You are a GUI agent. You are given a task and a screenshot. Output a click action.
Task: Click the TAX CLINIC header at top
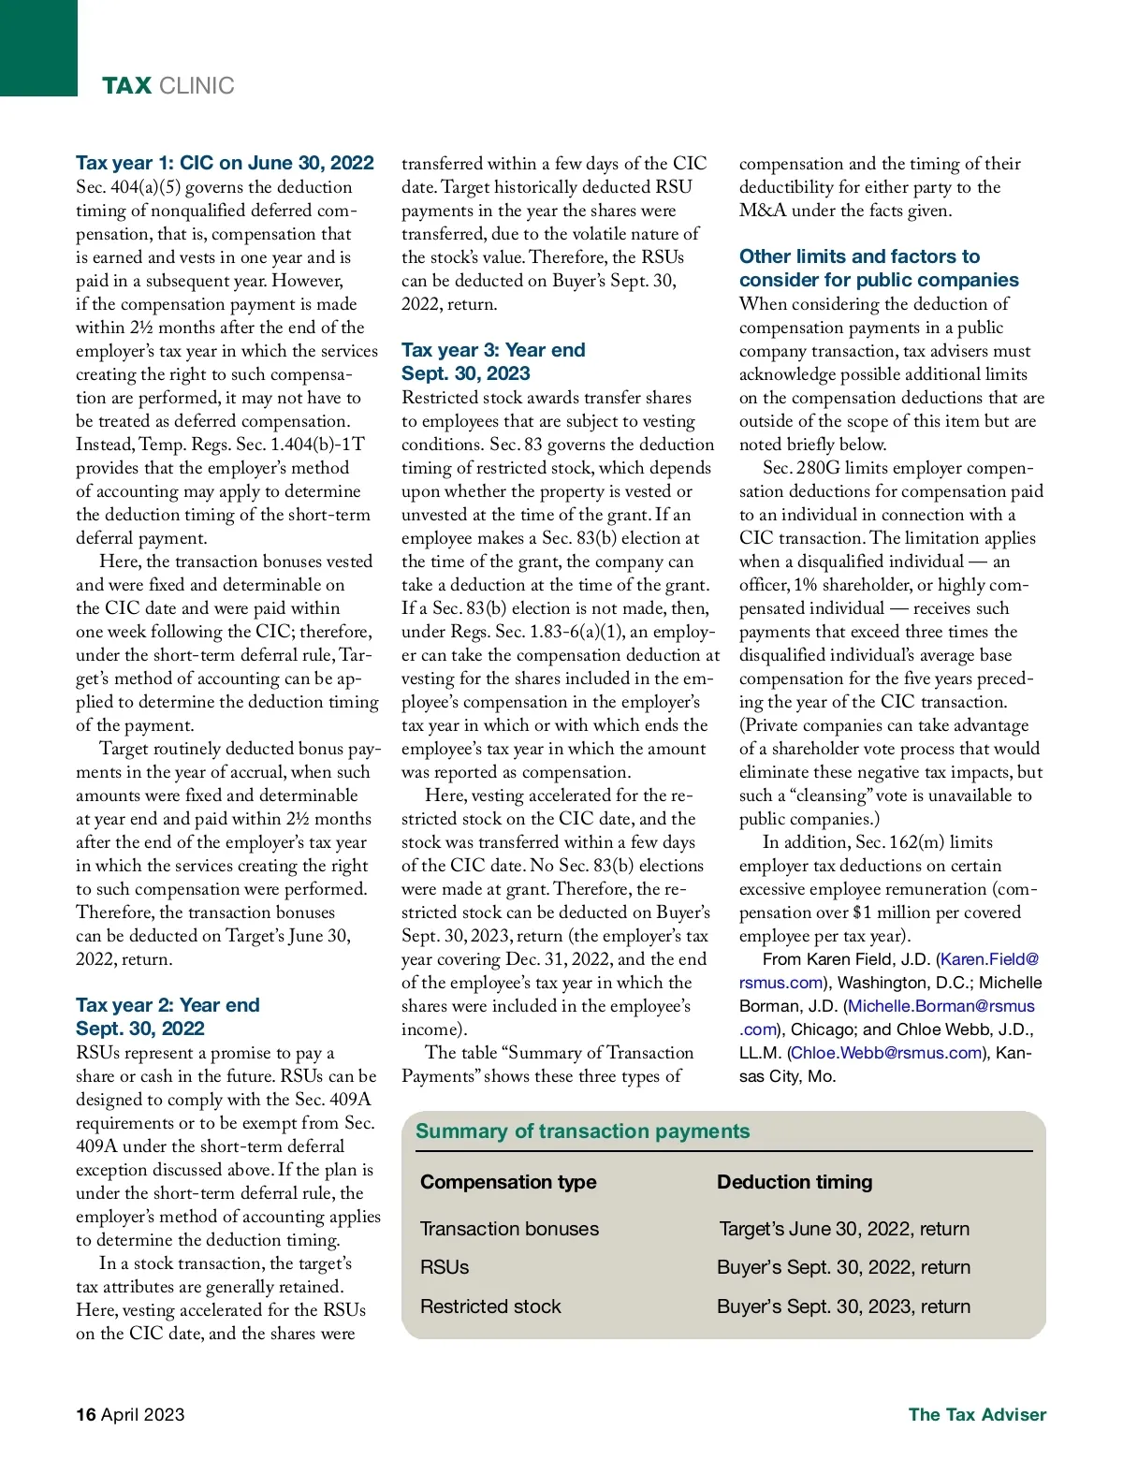(x=168, y=86)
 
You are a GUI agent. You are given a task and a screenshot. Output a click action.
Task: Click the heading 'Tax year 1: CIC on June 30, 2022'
(x=225, y=163)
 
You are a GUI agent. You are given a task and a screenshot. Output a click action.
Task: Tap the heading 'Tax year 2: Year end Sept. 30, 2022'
(x=168, y=1016)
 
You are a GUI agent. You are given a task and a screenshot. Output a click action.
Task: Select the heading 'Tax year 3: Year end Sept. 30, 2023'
(x=493, y=361)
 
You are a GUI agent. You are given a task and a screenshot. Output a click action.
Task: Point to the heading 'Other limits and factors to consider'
(x=878, y=268)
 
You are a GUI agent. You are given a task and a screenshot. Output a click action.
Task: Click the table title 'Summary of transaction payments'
(x=582, y=1131)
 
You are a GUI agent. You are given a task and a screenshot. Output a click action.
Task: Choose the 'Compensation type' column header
(x=508, y=1181)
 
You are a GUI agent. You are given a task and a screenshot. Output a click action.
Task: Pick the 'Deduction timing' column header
(x=795, y=1181)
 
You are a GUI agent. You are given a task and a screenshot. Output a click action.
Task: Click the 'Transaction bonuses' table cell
(x=509, y=1228)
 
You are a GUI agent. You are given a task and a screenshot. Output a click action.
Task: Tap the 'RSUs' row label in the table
(x=445, y=1266)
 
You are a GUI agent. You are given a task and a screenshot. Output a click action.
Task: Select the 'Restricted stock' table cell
(x=490, y=1306)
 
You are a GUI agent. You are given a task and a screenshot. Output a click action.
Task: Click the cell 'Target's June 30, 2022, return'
(x=844, y=1228)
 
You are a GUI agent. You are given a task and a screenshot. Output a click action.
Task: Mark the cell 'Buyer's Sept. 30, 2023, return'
(x=843, y=1306)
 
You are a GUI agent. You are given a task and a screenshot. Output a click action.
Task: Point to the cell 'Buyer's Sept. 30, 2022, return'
(x=843, y=1266)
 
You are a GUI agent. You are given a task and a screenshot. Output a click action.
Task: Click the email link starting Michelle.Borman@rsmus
(x=941, y=1006)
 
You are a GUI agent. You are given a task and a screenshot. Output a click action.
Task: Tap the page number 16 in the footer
(x=86, y=1414)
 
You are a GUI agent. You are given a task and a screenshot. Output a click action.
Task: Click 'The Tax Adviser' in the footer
(x=977, y=1414)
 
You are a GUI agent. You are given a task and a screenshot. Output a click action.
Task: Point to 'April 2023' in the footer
(x=142, y=1414)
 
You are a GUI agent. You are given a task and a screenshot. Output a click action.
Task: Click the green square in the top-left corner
(x=38, y=48)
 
